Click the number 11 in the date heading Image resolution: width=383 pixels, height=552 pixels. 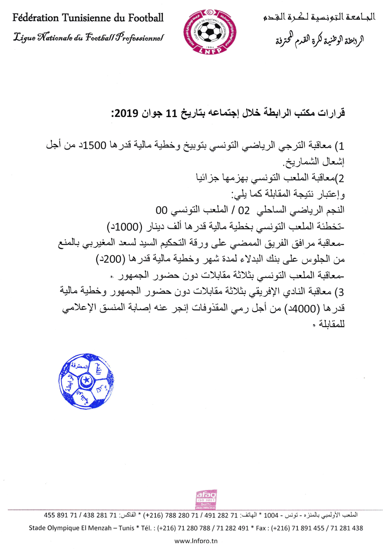pyautogui.click(x=172, y=114)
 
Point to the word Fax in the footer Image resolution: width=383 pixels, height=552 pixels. pyautogui.click(x=262, y=528)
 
